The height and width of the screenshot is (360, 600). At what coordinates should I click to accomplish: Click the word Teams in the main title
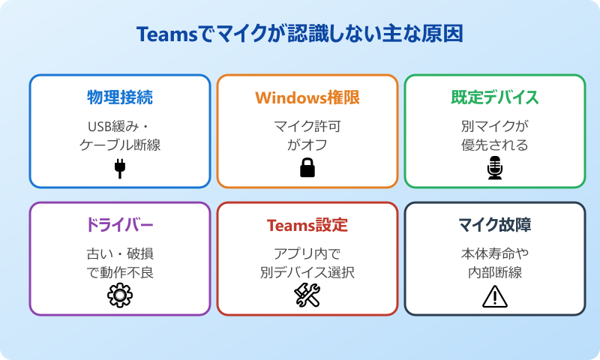click(163, 34)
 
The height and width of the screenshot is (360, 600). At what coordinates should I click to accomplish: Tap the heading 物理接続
click(120, 97)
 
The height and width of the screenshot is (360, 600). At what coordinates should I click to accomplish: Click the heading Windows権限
click(307, 97)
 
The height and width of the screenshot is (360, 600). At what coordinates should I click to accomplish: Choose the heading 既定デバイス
click(495, 97)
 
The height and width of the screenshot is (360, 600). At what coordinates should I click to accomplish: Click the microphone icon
click(495, 169)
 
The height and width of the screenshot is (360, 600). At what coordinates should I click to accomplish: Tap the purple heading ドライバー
click(120, 225)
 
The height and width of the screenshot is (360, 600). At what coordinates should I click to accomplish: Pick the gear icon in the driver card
click(120, 296)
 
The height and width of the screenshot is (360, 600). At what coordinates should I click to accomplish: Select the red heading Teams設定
click(307, 225)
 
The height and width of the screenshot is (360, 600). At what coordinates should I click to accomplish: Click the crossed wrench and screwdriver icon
click(307, 296)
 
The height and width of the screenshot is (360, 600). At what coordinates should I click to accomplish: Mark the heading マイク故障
click(495, 225)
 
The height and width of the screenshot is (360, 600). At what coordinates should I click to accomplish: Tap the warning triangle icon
click(495, 297)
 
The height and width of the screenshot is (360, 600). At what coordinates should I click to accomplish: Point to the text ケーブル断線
click(120, 145)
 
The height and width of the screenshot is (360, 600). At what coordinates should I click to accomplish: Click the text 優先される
click(495, 145)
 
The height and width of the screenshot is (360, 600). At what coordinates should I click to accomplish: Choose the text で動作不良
click(120, 272)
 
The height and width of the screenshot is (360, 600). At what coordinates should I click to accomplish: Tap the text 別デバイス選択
click(307, 272)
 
